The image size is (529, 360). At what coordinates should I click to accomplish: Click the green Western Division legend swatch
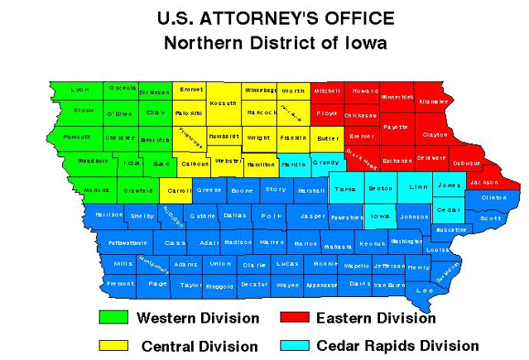(x=113, y=318)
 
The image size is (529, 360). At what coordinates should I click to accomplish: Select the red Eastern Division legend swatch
(x=295, y=318)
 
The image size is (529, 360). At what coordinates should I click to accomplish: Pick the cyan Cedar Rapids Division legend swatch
(x=295, y=345)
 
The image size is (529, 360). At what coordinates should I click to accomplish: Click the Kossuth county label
(x=224, y=103)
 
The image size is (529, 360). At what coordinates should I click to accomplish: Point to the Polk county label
(x=266, y=215)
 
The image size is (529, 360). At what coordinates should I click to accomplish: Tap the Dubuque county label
(x=467, y=163)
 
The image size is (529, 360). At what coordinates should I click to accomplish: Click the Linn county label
(x=419, y=187)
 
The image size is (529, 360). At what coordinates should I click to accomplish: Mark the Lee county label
(x=425, y=290)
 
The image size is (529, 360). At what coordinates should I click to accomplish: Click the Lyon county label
(x=79, y=89)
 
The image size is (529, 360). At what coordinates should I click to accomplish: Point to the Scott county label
(x=491, y=218)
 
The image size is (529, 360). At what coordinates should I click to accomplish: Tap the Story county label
(x=276, y=190)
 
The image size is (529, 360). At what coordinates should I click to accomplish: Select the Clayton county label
(x=435, y=134)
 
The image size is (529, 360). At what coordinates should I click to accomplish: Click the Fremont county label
(x=120, y=284)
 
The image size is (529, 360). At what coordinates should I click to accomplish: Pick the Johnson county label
(x=414, y=217)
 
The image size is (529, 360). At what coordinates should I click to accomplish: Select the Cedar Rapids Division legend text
(x=397, y=345)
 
